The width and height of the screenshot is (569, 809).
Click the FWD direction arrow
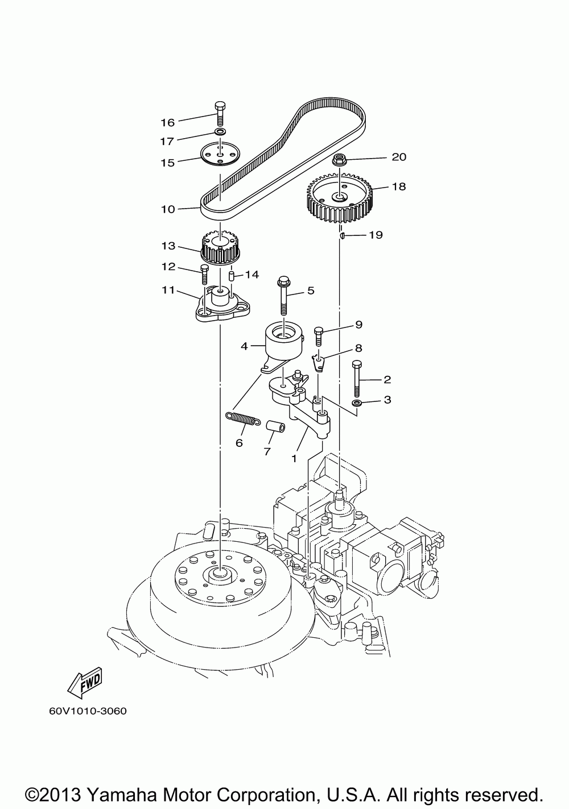[x=84, y=682]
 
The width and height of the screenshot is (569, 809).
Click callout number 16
[x=167, y=122]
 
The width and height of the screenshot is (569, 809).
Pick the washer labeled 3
[x=357, y=403]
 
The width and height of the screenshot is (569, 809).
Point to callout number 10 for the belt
[x=168, y=209]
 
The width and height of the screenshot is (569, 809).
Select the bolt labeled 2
[x=357, y=379]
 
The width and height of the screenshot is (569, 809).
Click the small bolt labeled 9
[x=319, y=335]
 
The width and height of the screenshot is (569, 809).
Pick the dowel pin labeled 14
[x=232, y=276]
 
